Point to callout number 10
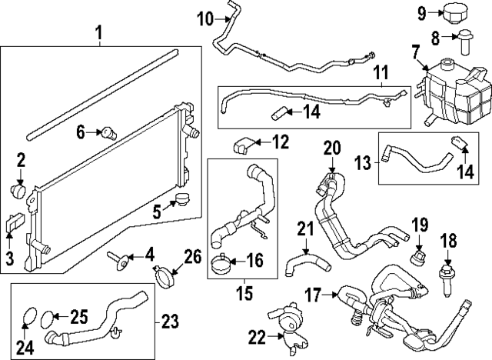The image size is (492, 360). coord(203,16)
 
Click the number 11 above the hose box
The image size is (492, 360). coord(382,74)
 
